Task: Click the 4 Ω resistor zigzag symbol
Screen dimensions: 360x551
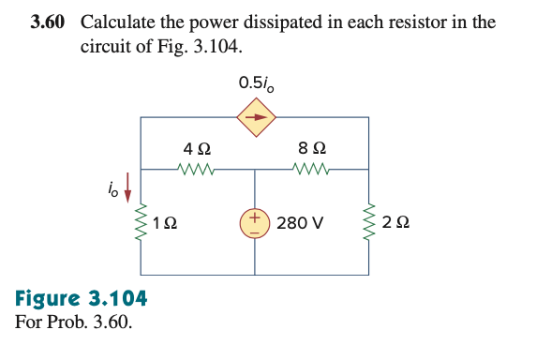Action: tap(198, 171)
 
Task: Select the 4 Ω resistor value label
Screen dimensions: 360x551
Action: tap(197, 148)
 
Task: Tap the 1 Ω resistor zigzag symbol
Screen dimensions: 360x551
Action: tap(141, 223)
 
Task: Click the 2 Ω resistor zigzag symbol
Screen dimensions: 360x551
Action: tap(368, 223)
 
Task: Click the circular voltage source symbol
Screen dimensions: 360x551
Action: tap(255, 223)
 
